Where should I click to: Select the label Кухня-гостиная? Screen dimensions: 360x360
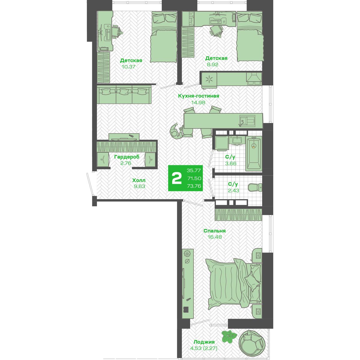click(198, 96)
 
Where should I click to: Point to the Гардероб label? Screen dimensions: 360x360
click(127, 157)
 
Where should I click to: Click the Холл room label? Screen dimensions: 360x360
click(139, 180)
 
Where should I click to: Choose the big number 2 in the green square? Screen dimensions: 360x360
click(176, 178)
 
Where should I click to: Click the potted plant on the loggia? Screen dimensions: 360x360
click(229, 336)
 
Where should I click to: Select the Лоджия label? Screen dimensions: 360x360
click(204, 342)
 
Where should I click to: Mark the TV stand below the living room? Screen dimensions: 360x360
click(124, 137)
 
